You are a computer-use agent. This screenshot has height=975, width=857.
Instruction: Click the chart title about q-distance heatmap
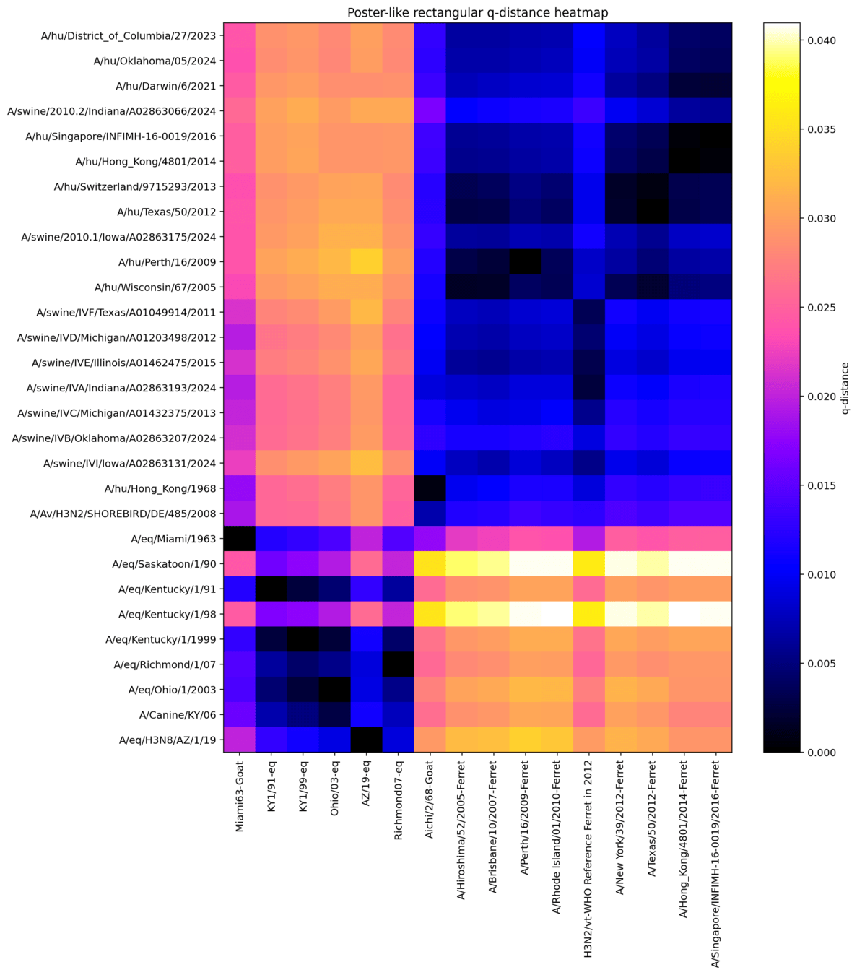click(x=477, y=12)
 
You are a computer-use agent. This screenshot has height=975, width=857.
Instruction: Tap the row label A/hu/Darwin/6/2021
click(x=165, y=86)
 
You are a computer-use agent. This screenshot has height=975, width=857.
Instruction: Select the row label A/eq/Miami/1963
click(x=173, y=539)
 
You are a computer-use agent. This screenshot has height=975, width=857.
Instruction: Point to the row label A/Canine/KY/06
click(x=178, y=715)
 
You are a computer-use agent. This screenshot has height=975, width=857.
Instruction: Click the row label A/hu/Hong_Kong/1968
click(x=160, y=488)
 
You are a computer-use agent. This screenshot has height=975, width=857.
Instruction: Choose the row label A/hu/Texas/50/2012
click(x=167, y=212)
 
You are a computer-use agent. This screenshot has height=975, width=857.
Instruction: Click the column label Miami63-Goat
click(x=240, y=796)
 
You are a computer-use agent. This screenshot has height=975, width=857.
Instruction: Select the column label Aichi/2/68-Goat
click(x=430, y=799)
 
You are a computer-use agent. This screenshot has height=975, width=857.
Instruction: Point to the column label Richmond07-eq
click(x=398, y=800)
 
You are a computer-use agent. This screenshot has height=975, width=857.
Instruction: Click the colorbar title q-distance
click(x=845, y=388)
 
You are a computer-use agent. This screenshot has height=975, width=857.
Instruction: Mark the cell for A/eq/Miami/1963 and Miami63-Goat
click(x=239, y=539)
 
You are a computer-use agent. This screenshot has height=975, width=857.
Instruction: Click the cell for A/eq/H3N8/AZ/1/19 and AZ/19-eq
click(x=366, y=740)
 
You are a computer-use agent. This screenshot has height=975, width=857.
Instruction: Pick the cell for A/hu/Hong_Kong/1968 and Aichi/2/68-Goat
click(x=430, y=488)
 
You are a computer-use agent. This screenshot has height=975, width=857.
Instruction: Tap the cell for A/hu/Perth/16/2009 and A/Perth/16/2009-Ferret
click(x=525, y=261)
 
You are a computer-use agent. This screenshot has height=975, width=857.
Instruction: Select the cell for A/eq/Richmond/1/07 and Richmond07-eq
click(x=398, y=664)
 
